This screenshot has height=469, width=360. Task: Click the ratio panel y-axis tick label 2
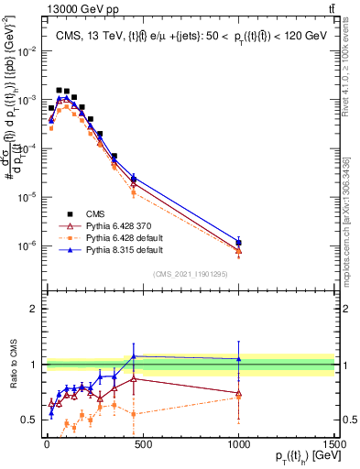35,309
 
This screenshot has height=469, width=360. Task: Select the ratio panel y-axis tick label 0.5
31,420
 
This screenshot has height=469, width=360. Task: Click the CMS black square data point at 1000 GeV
238,243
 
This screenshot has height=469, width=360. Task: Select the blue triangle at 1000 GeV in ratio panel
238,359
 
